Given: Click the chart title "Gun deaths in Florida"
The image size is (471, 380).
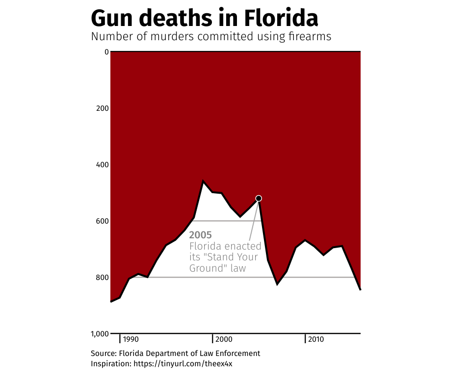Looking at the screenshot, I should coord(204,18).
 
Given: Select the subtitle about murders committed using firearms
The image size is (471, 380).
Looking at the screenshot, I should coord(211,37).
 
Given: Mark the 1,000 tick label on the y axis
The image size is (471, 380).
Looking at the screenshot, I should coord(99,334).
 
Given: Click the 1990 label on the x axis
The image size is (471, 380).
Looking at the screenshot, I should coord(131,339).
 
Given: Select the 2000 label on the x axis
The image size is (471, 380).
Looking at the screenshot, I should coord(224,339).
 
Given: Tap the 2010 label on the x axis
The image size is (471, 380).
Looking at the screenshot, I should coord(316,339).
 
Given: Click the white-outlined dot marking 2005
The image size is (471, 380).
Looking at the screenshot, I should coord(259,198).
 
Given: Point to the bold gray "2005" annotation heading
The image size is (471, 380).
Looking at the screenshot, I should coord(201,235).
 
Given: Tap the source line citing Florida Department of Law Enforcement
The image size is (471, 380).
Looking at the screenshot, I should coord(175,354).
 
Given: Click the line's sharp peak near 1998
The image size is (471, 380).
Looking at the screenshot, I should coord(203,181).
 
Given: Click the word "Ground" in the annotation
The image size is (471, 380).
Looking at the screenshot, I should coord(206,268).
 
